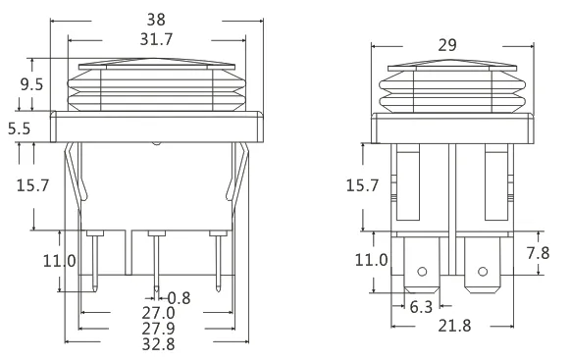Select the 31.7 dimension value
pos(155,38)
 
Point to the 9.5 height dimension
pos(31,84)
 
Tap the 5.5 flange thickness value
pos(19,128)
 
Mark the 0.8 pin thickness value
pos(179,297)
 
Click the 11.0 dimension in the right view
pos(371,261)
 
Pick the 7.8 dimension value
pos(538,252)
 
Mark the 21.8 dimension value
pos(451,325)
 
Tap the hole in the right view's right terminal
pos(481,272)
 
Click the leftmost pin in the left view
pos(94,260)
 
